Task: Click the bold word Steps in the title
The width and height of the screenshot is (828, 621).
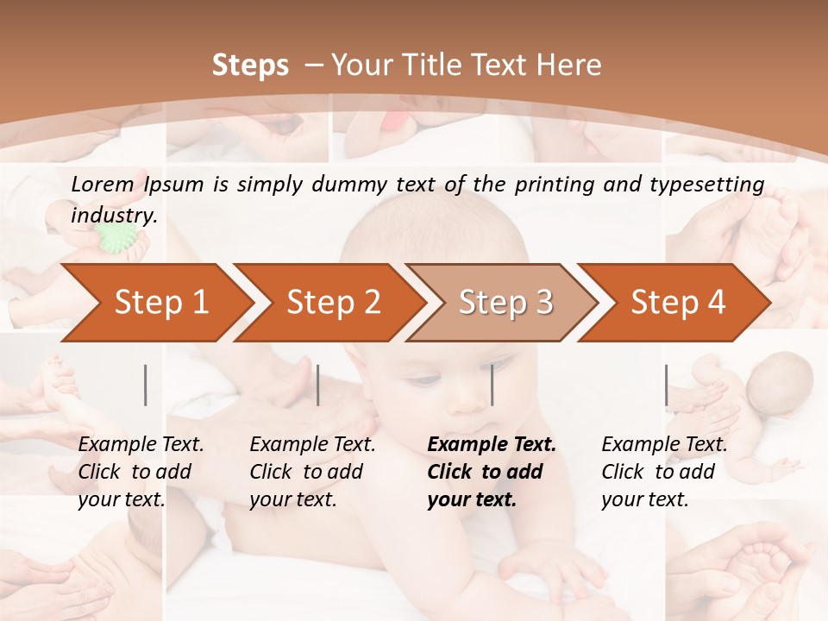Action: coord(250,66)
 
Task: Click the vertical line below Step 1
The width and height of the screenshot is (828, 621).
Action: coord(146,385)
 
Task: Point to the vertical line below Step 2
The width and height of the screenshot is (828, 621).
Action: coord(318,385)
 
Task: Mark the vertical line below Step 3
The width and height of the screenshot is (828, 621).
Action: coord(492,385)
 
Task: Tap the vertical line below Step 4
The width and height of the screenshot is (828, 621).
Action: coord(666,385)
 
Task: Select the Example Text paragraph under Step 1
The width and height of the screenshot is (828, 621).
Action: coord(141,472)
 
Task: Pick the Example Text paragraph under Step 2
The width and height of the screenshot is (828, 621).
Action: coord(312,472)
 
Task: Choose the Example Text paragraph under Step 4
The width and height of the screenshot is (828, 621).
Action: coord(664,472)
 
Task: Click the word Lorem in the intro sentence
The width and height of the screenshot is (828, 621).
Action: coord(102,184)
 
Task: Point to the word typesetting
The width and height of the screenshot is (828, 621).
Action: coord(712,185)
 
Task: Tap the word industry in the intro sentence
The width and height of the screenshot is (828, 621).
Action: coord(113,216)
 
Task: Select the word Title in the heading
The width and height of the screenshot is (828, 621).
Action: coord(443,66)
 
